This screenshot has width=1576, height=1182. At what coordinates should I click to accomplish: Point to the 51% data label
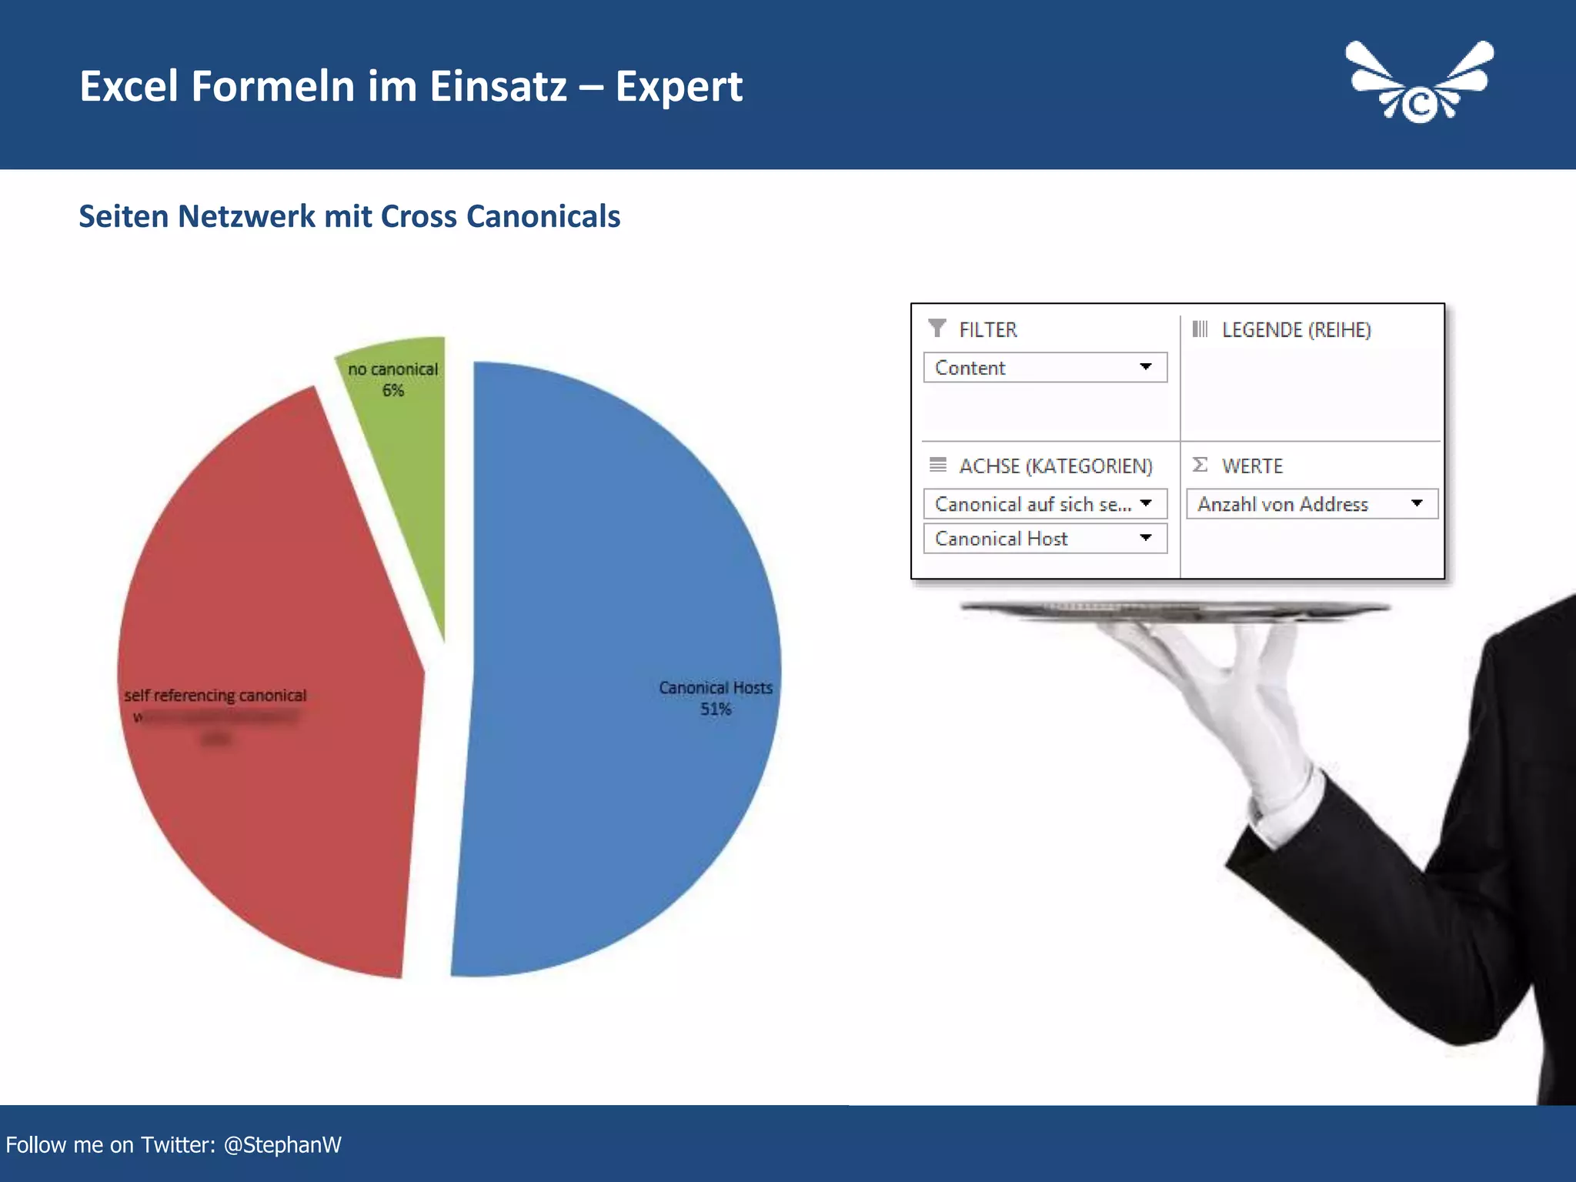coord(716,710)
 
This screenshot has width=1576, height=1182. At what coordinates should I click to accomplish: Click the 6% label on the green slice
coord(393,391)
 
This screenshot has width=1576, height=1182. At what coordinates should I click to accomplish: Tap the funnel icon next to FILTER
coord(937,329)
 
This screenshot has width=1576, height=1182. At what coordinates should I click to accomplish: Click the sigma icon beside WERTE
coord(1200,465)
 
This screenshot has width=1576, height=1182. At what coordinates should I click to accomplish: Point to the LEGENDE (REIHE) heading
coord(1296,330)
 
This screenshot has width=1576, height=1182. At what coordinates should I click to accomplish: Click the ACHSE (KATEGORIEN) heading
coord(1055,466)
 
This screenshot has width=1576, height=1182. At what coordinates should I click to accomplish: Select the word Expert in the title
coord(679,86)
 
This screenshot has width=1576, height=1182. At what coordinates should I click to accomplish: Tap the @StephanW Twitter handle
coord(282,1145)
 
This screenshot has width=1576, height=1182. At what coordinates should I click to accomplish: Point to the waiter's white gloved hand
coord(1231,693)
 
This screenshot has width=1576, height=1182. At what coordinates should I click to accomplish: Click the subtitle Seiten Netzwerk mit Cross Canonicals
coord(349,217)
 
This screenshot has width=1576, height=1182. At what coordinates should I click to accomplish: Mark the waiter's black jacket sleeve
coord(1462,885)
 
